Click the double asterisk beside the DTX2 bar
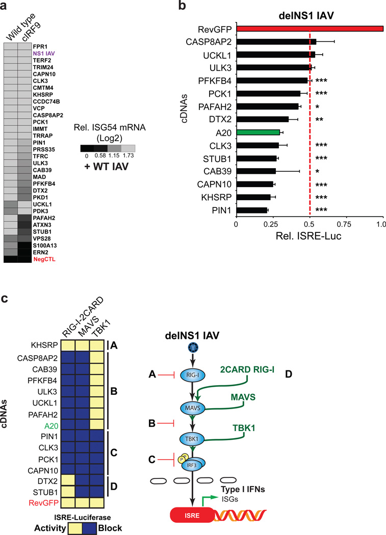(x=319, y=120)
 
